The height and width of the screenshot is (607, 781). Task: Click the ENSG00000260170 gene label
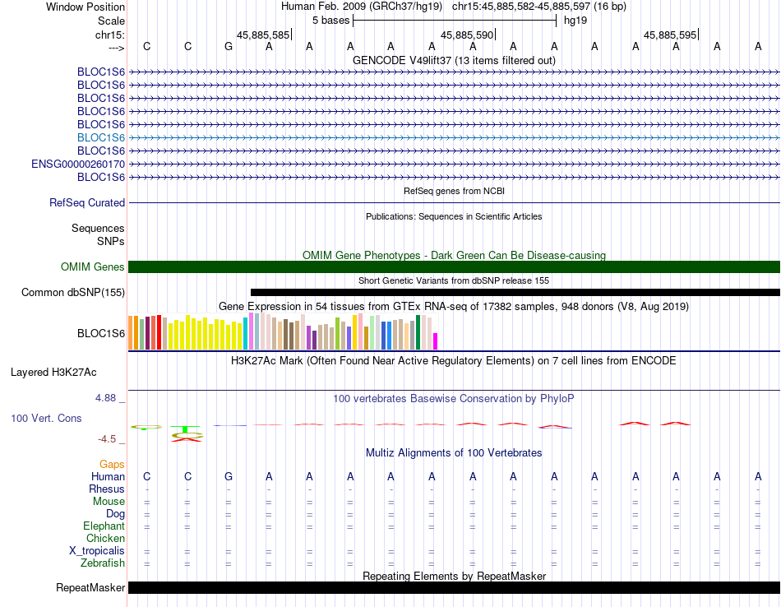78,164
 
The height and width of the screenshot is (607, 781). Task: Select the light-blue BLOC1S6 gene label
101,137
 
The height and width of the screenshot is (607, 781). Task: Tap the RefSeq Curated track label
87,203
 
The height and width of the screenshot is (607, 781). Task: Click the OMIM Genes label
93,266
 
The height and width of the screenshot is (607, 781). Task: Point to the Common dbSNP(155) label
73,293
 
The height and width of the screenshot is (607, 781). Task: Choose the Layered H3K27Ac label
53,373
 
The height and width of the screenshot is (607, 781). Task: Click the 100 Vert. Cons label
46,418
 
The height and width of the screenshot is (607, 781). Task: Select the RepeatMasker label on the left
90,587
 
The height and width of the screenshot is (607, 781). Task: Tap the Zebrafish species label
103,563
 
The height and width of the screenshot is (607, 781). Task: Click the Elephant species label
104,526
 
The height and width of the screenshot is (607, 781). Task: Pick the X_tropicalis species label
97,551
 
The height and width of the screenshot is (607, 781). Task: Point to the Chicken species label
105,538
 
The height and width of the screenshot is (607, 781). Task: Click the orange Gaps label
112,464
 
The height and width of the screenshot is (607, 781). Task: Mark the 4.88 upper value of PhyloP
105,398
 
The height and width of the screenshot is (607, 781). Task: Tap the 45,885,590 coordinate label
467,35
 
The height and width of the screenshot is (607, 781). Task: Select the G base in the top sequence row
229,46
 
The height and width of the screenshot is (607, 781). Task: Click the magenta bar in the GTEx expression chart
436,341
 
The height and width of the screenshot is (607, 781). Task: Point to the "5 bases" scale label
331,21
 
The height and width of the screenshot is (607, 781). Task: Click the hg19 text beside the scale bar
575,21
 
